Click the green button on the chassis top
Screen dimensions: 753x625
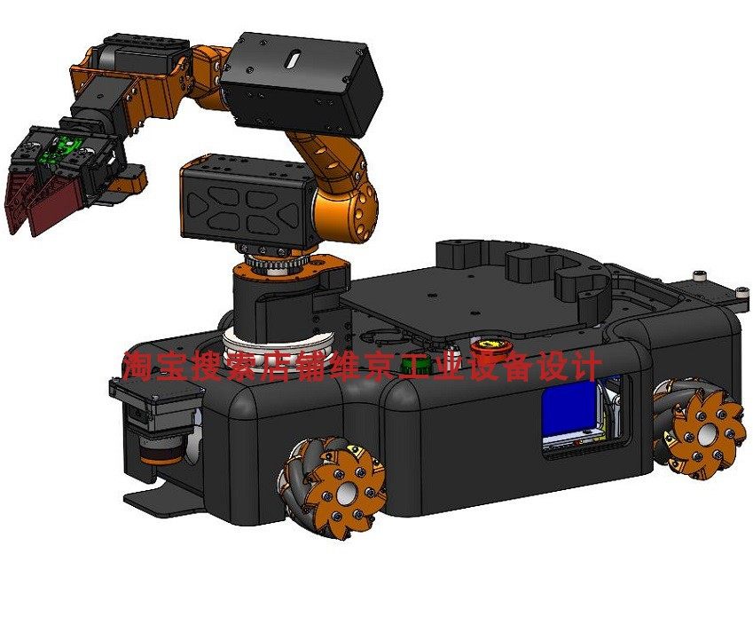pyautogui.click(x=416, y=367)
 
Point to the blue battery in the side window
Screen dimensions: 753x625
pyautogui.click(x=569, y=410)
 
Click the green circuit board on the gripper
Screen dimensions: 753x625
pyautogui.click(x=61, y=150)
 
